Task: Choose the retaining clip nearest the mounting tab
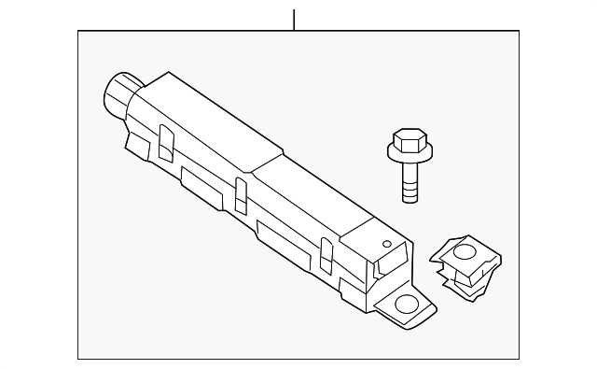326,253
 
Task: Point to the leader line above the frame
294,19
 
